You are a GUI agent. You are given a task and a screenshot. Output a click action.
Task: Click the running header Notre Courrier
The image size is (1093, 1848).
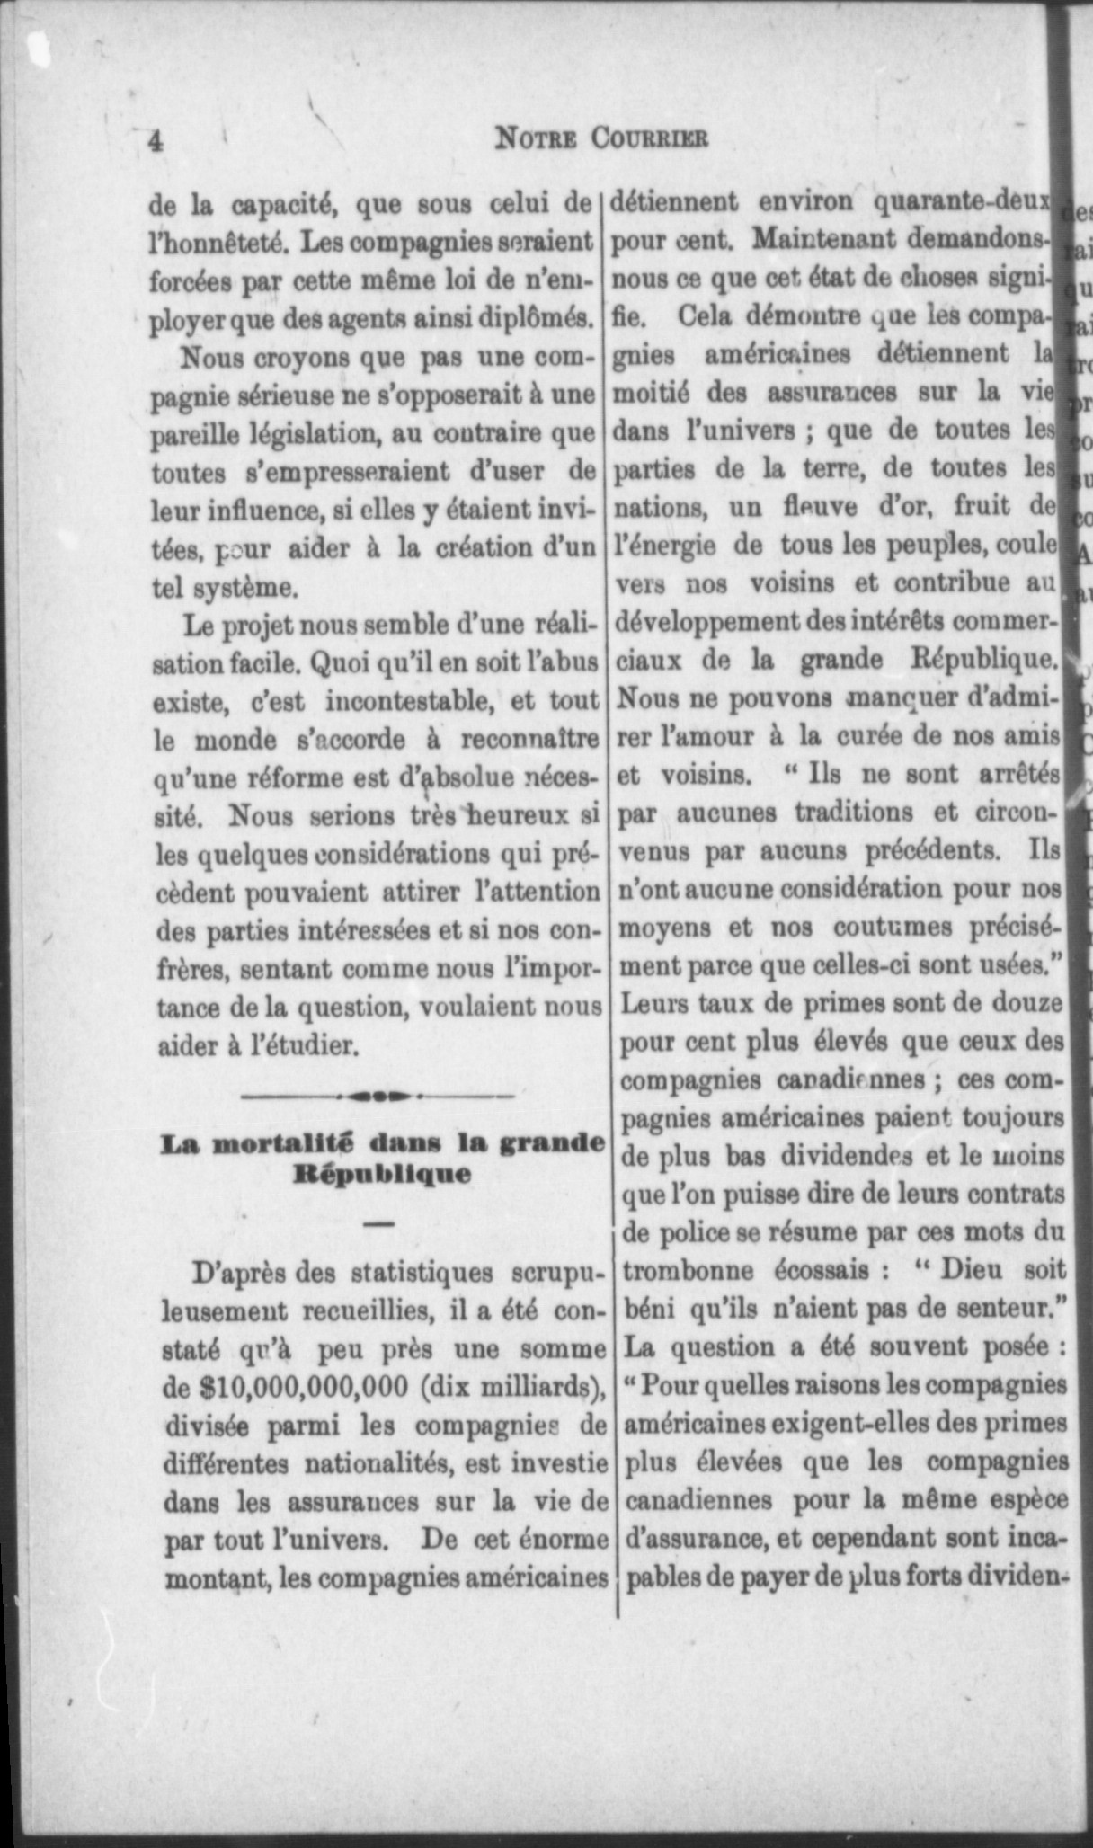tap(601, 138)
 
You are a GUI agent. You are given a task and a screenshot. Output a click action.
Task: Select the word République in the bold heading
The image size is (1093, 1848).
tap(381, 1174)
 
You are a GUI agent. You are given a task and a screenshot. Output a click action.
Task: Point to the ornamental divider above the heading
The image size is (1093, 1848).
tap(378, 1096)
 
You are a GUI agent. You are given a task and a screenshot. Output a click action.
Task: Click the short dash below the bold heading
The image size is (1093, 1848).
tap(379, 1223)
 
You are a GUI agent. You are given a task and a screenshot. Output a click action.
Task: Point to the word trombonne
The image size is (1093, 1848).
tap(689, 1270)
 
